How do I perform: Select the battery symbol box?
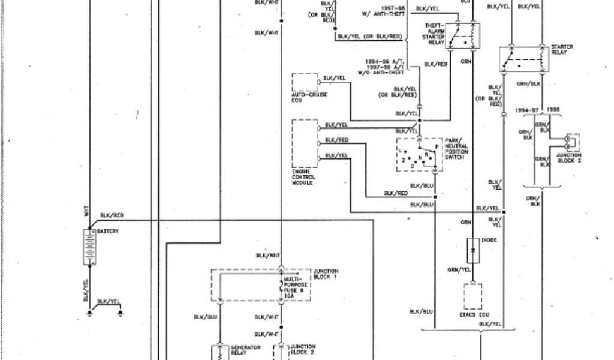click(88, 245)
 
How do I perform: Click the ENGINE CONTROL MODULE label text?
click(303, 178)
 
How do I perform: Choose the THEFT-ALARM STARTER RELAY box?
click(467, 36)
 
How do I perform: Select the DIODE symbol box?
click(474, 251)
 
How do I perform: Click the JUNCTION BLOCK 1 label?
click(326, 274)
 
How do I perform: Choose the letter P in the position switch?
click(437, 146)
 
